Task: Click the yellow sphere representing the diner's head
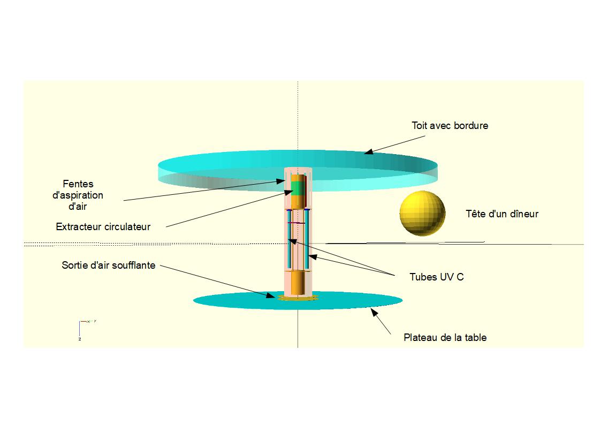click(x=422, y=213)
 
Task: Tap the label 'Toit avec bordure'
click(x=450, y=126)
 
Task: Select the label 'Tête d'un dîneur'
click(x=502, y=214)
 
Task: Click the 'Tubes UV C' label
click(x=436, y=277)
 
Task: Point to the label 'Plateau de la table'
click(x=445, y=338)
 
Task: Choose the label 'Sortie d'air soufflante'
click(x=109, y=265)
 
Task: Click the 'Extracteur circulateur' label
click(x=103, y=227)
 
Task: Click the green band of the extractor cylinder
click(x=298, y=186)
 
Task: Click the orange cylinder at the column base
click(x=298, y=284)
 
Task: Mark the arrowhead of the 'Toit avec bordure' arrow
click(x=368, y=153)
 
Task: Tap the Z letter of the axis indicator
click(x=80, y=339)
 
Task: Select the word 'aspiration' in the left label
click(x=78, y=195)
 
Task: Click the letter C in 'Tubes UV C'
click(x=460, y=277)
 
